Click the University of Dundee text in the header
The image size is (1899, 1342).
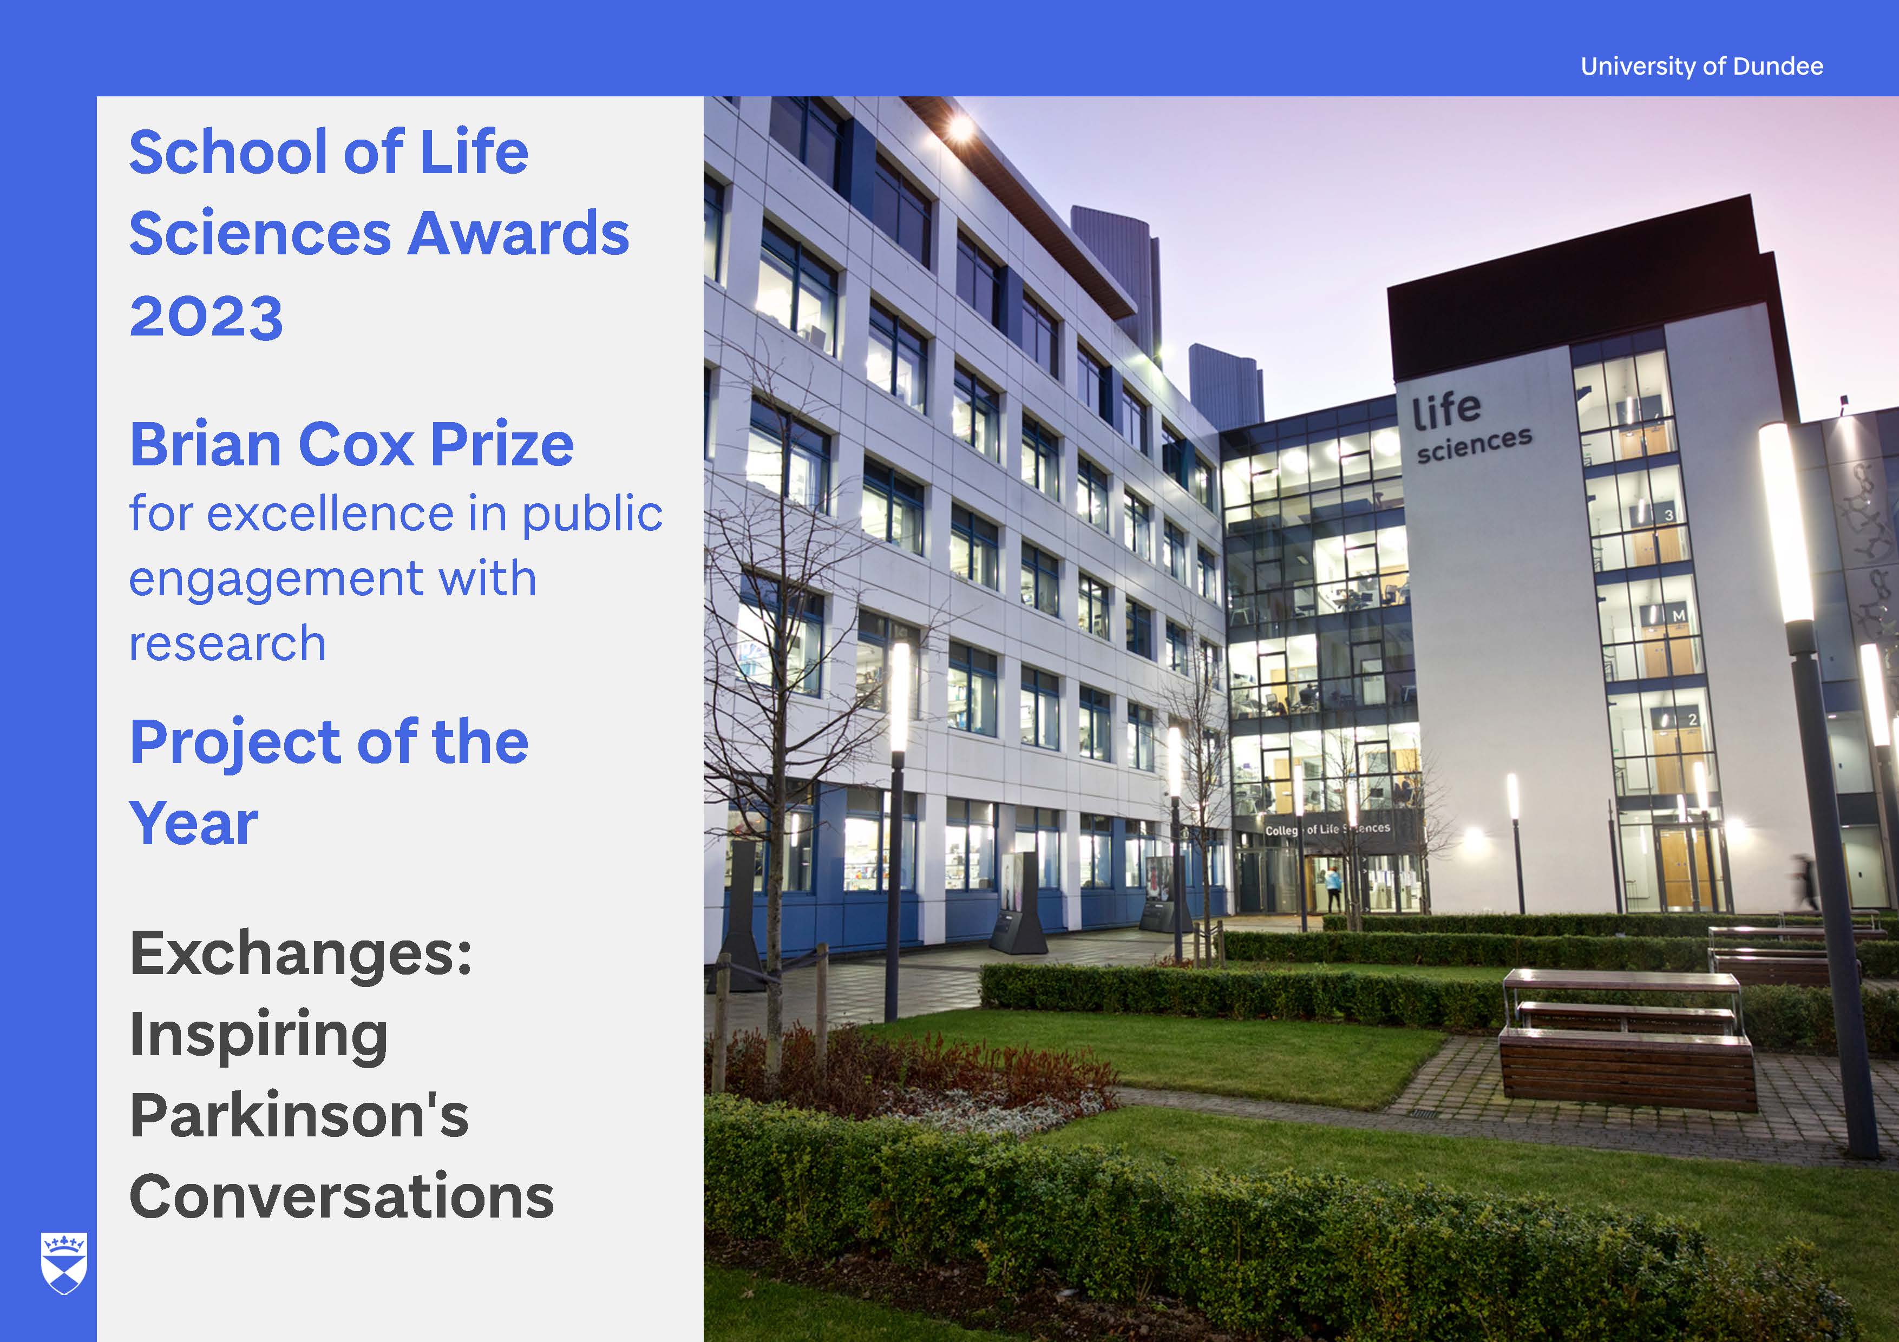1701,66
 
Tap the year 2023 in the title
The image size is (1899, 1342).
206,317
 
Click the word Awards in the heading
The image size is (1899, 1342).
519,233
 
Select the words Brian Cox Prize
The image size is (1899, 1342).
351,445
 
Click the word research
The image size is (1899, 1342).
227,643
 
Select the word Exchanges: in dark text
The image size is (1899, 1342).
300,956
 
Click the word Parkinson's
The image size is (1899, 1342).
299,1115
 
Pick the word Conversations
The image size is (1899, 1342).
342,1196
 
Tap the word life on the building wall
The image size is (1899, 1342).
1446,411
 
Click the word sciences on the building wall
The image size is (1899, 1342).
1474,445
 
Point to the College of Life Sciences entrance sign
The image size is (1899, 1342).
1327,828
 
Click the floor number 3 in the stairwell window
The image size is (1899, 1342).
1668,515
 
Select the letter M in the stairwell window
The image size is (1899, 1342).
1678,616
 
